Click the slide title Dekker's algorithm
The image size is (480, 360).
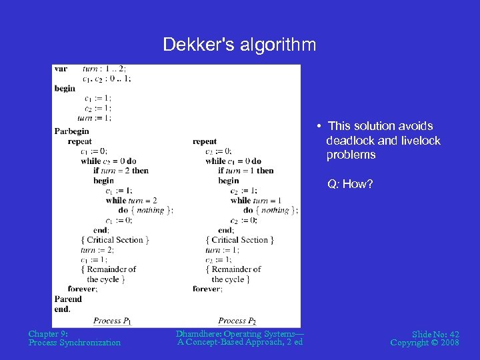coord(240,45)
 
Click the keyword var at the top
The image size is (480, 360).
coord(61,69)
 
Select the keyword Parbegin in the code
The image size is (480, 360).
coord(71,131)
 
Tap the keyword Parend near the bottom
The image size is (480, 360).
coord(68,299)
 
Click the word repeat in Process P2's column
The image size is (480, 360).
coord(205,141)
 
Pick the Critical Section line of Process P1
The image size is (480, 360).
coord(115,240)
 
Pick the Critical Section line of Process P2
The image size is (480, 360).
coord(240,240)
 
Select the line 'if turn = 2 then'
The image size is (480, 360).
coord(121,171)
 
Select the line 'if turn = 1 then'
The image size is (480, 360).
coord(245,171)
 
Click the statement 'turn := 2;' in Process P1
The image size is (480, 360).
coord(97,250)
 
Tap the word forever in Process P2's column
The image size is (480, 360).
coord(207,289)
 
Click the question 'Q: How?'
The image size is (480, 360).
coord(350,184)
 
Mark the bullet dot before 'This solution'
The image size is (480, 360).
coord(321,126)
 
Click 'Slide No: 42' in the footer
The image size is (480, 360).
coord(436,334)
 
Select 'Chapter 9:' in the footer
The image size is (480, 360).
coord(49,334)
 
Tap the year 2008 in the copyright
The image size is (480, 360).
coord(449,343)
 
